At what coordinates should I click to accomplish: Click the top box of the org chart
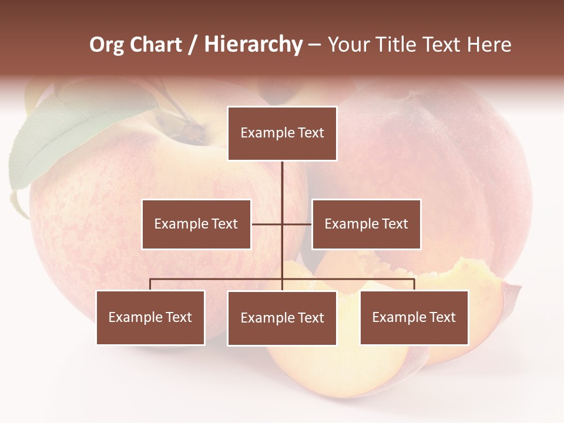point(282,133)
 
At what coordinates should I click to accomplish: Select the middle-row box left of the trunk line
point(196,224)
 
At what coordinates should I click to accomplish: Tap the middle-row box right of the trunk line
point(366,224)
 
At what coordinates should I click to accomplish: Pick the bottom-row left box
point(150,317)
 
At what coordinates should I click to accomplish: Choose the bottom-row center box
point(282,318)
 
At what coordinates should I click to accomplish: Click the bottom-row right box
point(414,317)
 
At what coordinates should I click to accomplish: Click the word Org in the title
point(106,45)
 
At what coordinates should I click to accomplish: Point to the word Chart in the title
point(155,45)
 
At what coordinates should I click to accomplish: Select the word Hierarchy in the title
point(253,45)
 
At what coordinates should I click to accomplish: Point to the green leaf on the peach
point(70,138)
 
